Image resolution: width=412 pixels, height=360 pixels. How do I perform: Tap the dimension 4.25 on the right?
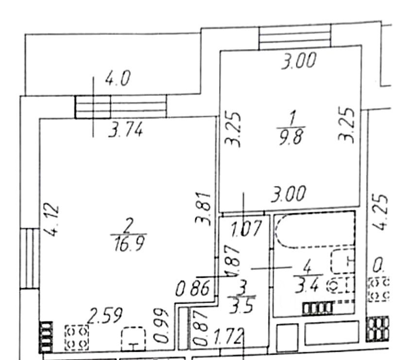[382, 212]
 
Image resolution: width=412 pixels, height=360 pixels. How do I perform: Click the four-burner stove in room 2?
[77, 337]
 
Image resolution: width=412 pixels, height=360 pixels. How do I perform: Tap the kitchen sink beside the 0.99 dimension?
[134, 338]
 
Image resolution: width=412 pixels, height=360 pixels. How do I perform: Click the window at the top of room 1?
[294, 37]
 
